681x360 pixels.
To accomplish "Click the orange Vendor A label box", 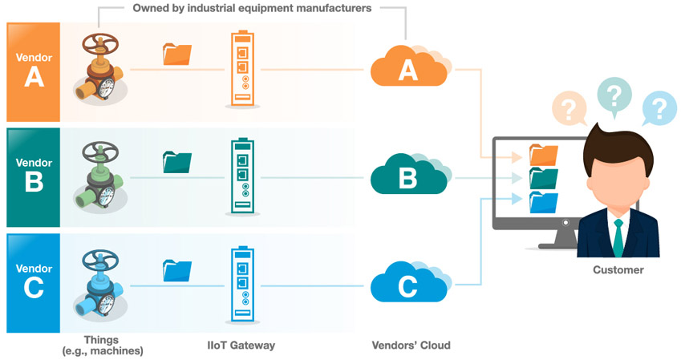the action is point(34,72).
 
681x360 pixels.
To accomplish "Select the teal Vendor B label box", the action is point(34,177).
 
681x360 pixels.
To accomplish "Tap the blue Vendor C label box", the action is point(34,283).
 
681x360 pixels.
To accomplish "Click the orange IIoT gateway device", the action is point(242,69).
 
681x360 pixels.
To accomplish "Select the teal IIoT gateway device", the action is point(242,176).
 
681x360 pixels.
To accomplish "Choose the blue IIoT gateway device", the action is point(242,285).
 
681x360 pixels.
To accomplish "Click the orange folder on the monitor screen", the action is point(543,156).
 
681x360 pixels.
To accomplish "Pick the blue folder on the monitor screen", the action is point(543,203).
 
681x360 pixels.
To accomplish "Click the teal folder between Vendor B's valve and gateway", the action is point(177,162).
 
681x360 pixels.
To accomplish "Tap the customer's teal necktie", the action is point(618,237).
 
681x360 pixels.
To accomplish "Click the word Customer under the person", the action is point(618,269).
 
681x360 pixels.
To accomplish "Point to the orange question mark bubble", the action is point(569,108).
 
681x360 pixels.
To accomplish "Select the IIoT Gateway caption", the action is point(241,346).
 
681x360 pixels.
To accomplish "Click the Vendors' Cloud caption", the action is point(411,346).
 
